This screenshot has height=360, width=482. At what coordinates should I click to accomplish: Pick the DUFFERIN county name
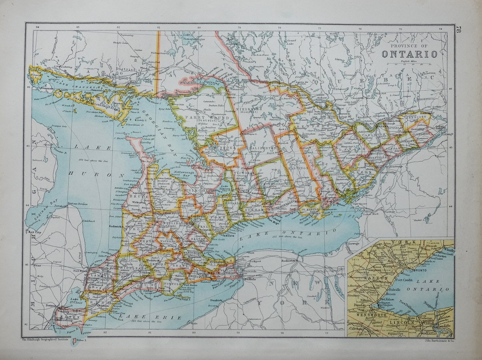[x=192, y=202]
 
